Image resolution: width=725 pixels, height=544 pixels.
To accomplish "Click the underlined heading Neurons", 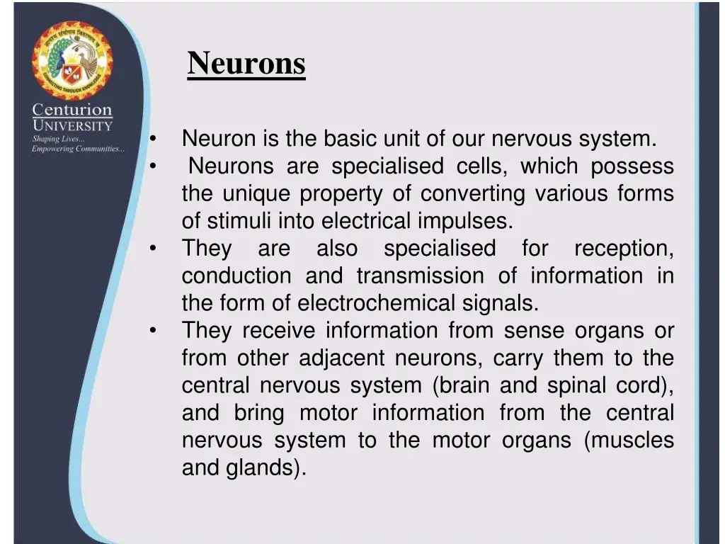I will [246, 64].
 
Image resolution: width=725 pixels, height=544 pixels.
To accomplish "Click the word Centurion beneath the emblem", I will [72, 110].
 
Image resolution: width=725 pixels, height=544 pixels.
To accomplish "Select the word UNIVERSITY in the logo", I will [72, 126].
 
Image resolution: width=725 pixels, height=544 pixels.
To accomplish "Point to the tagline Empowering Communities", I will [78, 149].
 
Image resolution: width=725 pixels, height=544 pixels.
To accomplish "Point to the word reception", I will [623, 249].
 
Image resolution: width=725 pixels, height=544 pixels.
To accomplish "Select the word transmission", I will [420, 276].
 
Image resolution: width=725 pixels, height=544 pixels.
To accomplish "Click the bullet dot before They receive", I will [153, 331].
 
